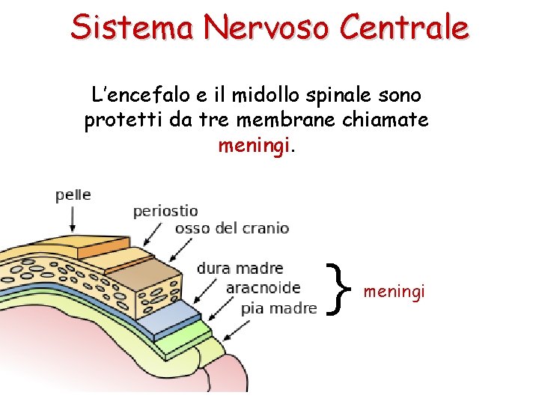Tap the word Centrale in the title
(x=404, y=28)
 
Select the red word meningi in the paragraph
(x=254, y=146)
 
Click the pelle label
(x=73, y=195)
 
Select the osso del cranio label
(x=231, y=228)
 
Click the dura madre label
(x=240, y=269)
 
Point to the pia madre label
(x=278, y=307)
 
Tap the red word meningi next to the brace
(x=394, y=290)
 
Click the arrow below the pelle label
(x=73, y=218)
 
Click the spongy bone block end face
(x=158, y=288)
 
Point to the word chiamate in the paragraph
(x=391, y=120)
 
